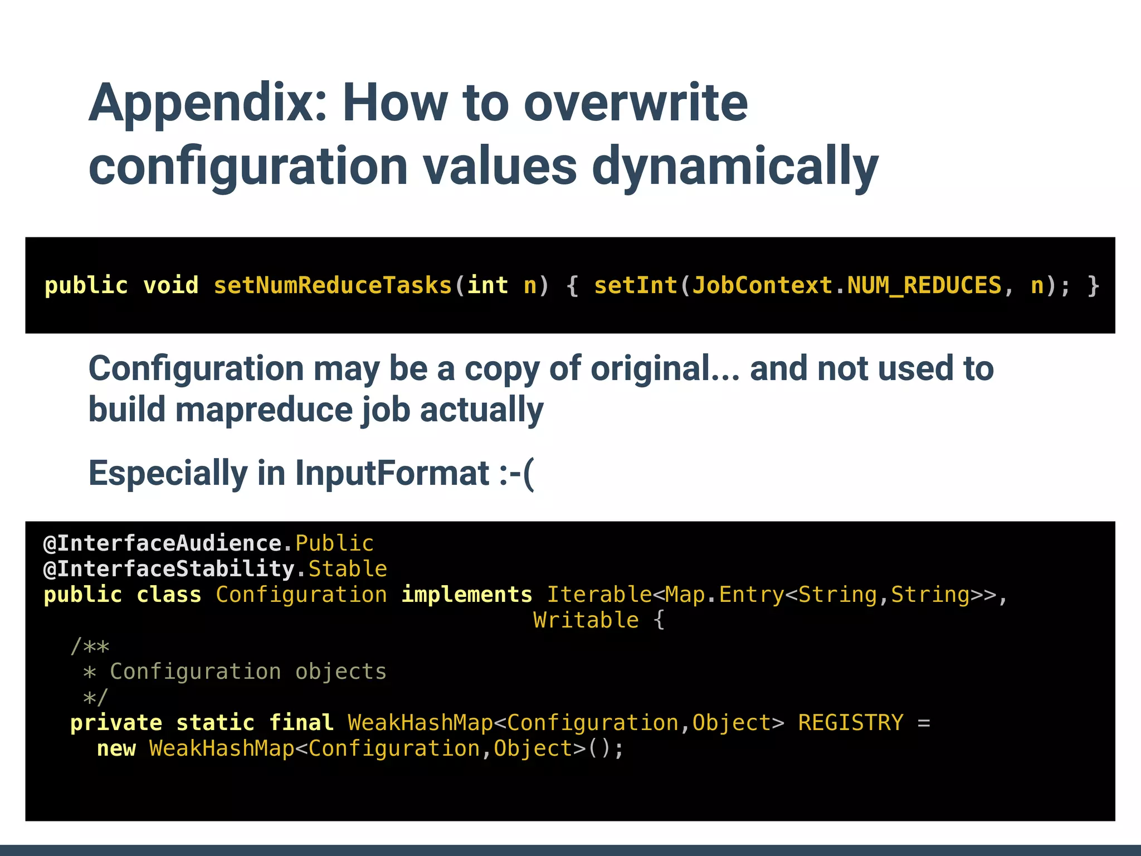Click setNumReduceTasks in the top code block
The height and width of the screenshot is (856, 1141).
pyautogui.click(x=333, y=286)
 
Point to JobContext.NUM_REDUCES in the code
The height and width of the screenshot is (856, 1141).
pyautogui.click(x=847, y=286)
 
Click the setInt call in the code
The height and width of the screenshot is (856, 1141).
pyautogui.click(x=636, y=286)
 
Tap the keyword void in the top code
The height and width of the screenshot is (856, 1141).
pyautogui.click(x=170, y=286)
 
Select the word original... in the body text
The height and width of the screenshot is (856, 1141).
pyautogui.click(x=665, y=369)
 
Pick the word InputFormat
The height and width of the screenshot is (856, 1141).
pyautogui.click(x=392, y=474)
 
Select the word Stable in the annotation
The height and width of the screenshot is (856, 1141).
pyautogui.click(x=348, y=569)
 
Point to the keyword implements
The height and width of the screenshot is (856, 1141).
pyautogui.click(x=467, y=595)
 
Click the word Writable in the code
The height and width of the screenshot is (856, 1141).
pyautogui.click(x=586, y=620)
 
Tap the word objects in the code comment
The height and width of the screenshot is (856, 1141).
pyautogui.click(x=340, y=672)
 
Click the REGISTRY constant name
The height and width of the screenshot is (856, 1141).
pyautogui.click(x=850, y=723)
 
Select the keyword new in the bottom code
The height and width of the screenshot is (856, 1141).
pyautogui.click(x=116, y=748)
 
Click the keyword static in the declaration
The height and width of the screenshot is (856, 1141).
pyautogui.click(x=216, y=723)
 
